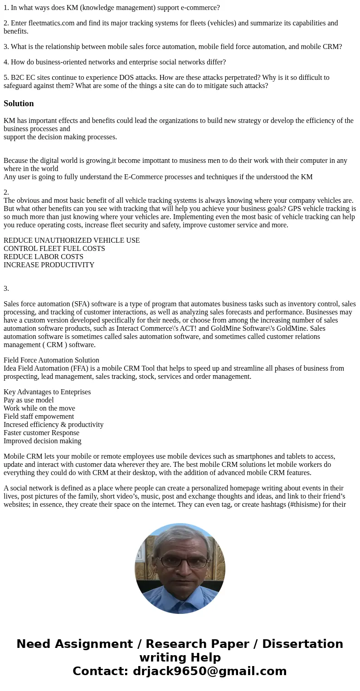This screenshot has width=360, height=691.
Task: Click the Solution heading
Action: click(19, 103)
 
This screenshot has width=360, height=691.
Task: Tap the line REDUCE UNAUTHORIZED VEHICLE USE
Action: click(72, 240)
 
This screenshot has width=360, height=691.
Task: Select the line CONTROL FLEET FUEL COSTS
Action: click(54, 249)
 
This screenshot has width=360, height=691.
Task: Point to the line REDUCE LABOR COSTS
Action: click(44, 257)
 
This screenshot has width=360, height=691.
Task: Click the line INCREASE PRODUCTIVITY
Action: click(49, 265)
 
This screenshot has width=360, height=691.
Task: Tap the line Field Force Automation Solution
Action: click(51, 360)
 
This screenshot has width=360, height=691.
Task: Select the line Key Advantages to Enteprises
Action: click(47, 392)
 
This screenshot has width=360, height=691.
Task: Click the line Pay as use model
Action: click(29, 400)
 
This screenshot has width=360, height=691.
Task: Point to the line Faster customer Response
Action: click(41, 433)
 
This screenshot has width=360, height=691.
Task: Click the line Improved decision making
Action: click(43, 441)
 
